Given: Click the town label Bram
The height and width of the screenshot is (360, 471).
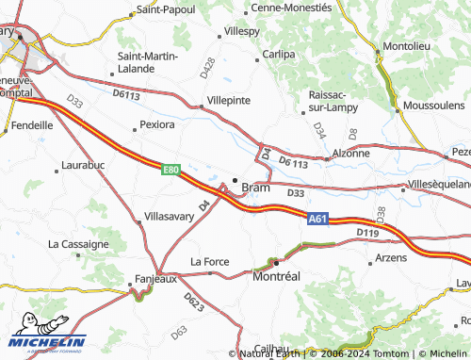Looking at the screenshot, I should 255,188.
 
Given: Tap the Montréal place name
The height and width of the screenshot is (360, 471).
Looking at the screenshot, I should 276,277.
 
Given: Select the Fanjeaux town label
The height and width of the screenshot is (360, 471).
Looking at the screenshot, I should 153,279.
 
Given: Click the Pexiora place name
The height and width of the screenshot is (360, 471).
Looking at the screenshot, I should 156,123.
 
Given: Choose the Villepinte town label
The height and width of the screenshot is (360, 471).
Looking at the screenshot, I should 228,98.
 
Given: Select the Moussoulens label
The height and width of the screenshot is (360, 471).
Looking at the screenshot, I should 433,105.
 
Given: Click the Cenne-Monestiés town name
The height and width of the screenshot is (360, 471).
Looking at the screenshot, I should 293,7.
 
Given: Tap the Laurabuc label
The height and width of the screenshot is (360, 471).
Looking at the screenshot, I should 82,165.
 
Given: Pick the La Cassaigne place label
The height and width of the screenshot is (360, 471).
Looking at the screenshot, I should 78,243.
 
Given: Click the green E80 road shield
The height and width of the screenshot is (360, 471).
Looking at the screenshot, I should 171,170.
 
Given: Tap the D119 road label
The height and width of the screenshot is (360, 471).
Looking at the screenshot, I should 367,232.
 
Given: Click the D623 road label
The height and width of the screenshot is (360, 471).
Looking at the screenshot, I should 193,303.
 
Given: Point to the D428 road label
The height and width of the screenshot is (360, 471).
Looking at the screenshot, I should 207,68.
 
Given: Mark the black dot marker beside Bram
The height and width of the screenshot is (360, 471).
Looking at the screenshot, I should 235,181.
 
